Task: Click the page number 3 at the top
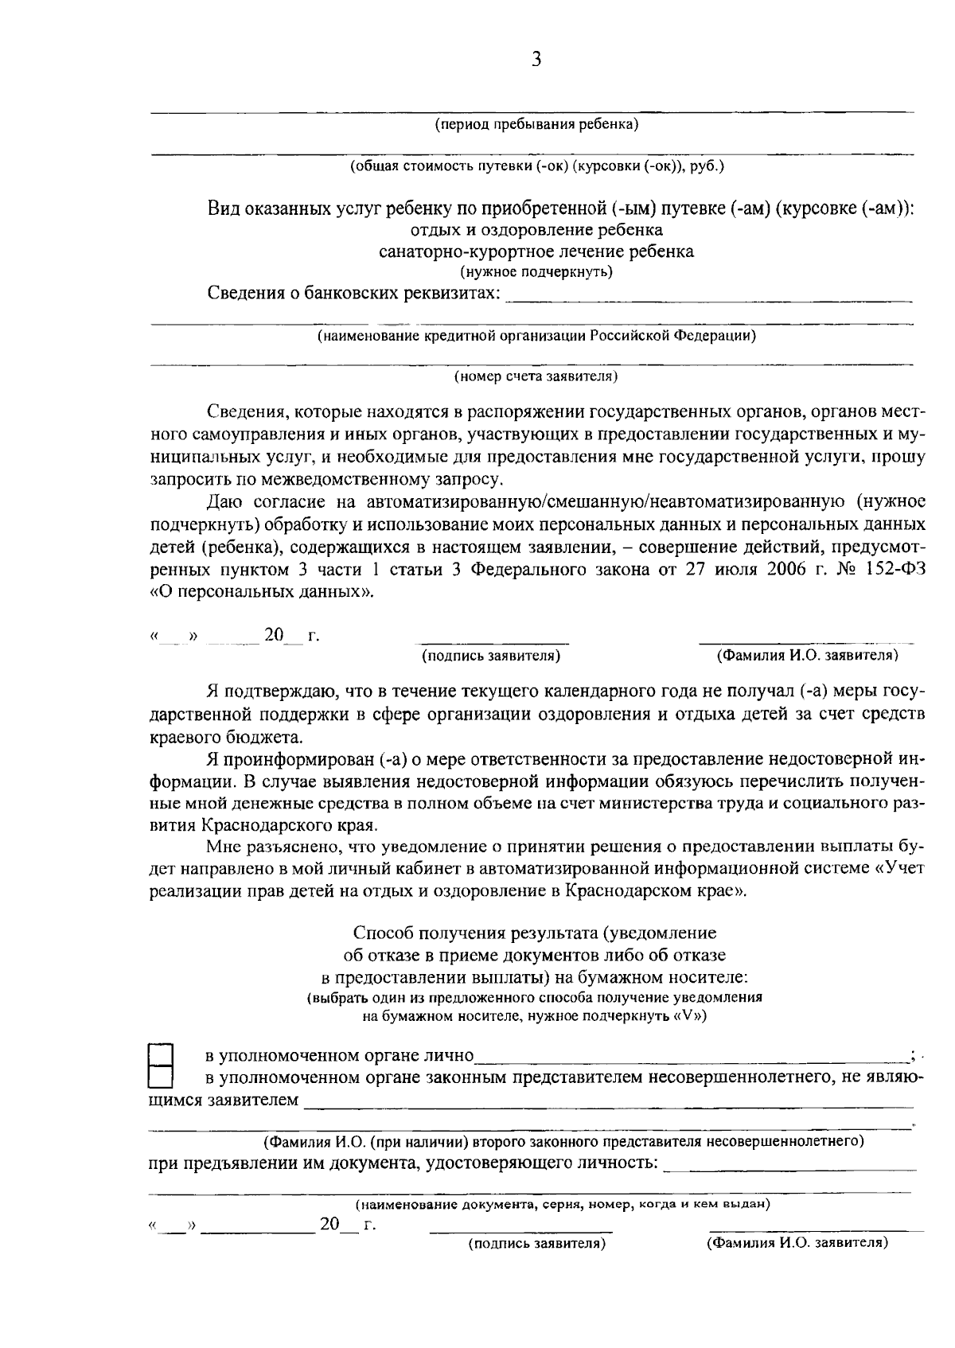[536, 60]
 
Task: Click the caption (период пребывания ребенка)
[536, 125]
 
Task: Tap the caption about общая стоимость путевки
[536, 167]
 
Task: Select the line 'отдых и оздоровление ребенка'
[536, 231]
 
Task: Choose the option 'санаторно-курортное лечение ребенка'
[536, 252]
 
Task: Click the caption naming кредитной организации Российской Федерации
[536, 336]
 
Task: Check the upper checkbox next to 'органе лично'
[162, 1055]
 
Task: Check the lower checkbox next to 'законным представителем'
[162, 1077]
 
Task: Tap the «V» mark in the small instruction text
[689, 1017]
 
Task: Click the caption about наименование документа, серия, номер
[562, 1205]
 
